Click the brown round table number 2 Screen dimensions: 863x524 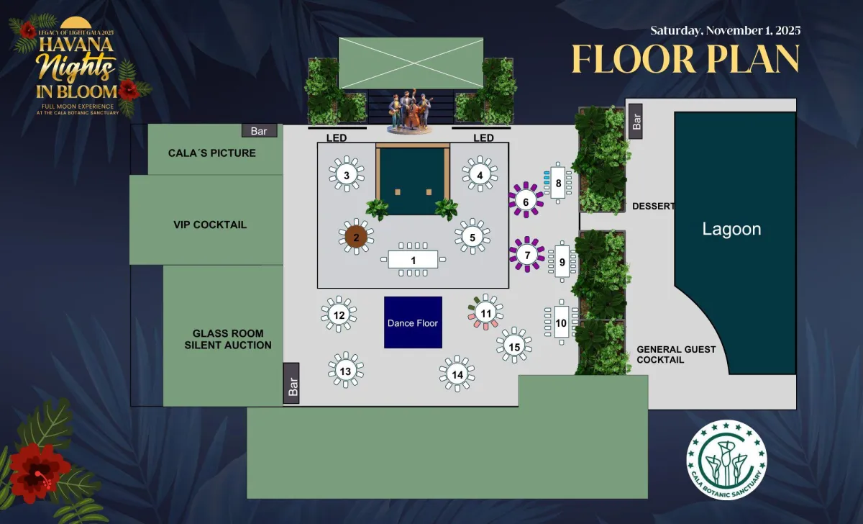(356, 237)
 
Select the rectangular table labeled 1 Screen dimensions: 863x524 (413, 260)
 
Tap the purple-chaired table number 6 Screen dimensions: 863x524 (526, 201)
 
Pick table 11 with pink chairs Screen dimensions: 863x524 (485, 312)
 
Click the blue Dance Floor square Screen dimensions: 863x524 (413, 322)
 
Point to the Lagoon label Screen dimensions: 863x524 (731, 229)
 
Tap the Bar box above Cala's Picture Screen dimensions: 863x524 (260, 131)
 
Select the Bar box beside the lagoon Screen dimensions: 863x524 (635, 121)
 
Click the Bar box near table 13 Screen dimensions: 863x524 (291, 383)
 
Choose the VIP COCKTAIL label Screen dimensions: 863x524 (210, 225)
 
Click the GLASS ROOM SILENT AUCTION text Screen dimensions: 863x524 (228, 339)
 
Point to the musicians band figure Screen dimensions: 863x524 (409, 111)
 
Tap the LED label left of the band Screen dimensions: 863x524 (337, 137)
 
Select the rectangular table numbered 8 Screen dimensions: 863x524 (558, 183)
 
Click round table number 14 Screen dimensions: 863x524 (457, 374)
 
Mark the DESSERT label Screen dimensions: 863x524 (654, 207)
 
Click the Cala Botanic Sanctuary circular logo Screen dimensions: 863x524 (726, 460)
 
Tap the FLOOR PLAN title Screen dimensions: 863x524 (685, 58)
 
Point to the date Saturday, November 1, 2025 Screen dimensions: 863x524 (726, 30)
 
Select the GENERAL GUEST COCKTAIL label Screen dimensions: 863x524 (676, 354)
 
